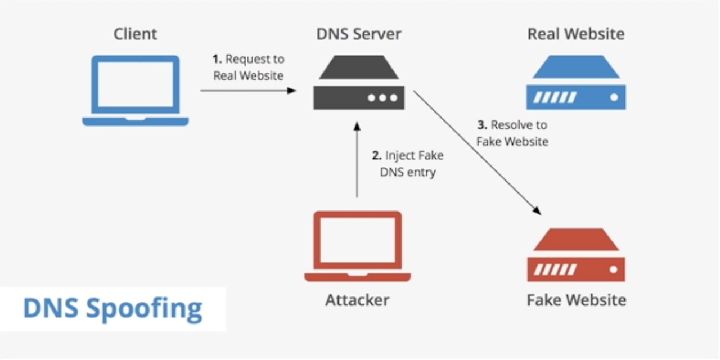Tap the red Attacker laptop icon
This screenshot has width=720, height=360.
pyautogui.click(x=357, y=246)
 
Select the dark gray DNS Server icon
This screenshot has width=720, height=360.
pyautogui.click(x=358, y=82)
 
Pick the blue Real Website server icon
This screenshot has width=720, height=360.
pyautogui.click(x=576, y=82)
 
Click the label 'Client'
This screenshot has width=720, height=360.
pyautogui.click(x=136, y=34)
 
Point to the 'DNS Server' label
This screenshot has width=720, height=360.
pyautogui.click(x=358, y=34)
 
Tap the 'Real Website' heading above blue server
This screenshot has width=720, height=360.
pyautogui.click(x=576, y=34)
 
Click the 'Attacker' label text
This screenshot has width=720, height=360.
pyautogui.click(x=357, y=300)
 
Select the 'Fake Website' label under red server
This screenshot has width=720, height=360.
pyautogui.click(x=576, y=300)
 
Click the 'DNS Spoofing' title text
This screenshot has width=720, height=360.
pyautogui.click(x=112, y=309)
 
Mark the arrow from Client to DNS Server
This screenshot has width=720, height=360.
pyautogui.click(x=248, y=90)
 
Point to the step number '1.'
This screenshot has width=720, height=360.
pyautogui.click(x=217, y=59)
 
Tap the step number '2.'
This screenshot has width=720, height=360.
pyautogui.click(x=377, y=156)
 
